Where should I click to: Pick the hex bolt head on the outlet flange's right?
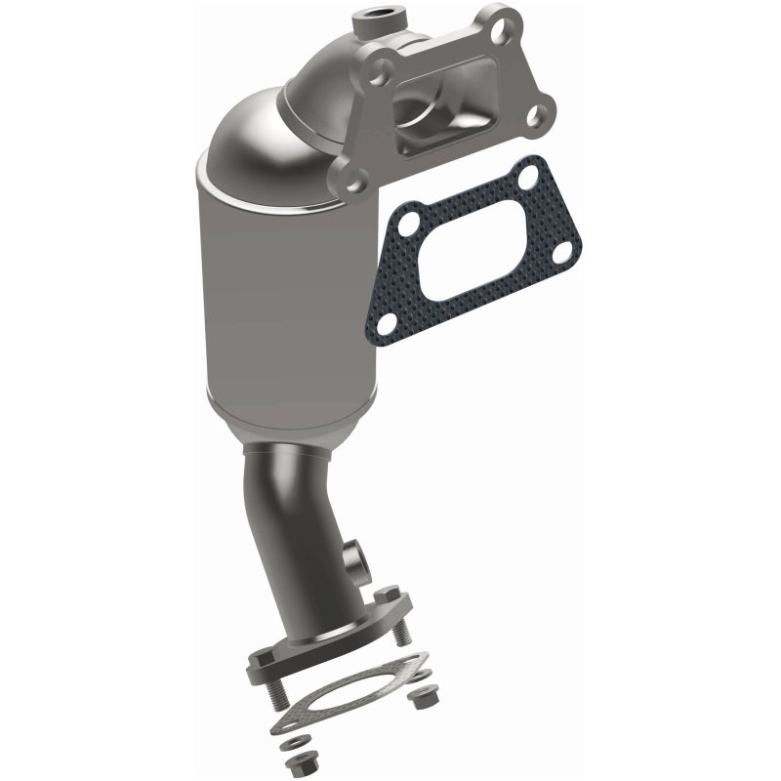tap(388, 593)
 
